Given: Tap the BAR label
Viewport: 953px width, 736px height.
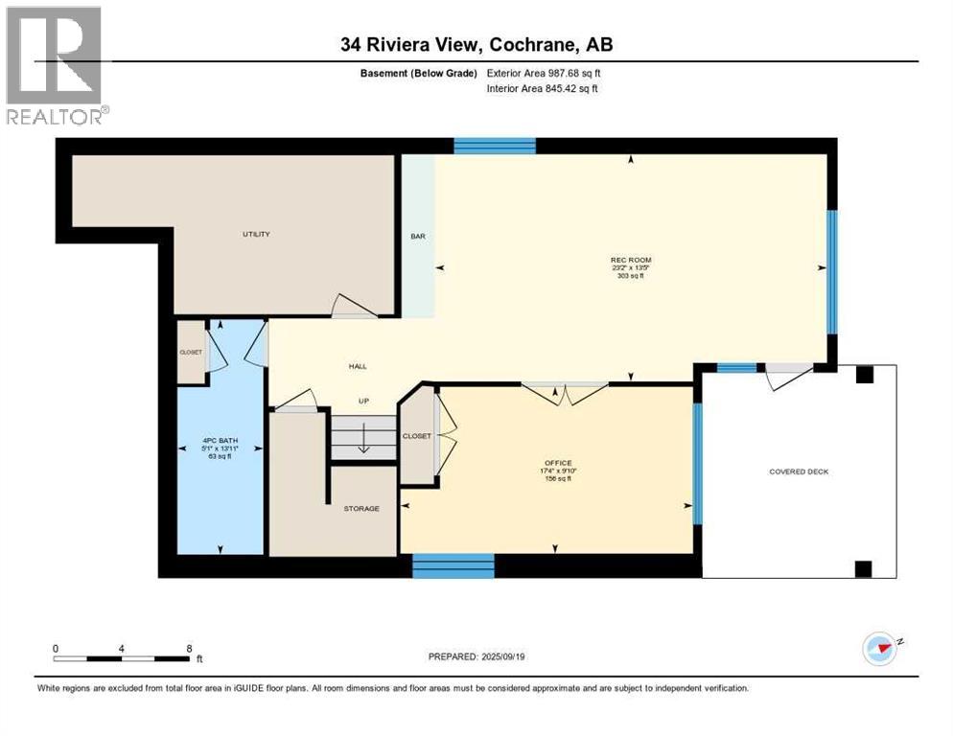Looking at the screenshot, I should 418,236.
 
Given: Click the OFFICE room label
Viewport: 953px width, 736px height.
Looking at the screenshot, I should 555,463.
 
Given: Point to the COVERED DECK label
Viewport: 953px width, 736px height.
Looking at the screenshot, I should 799,471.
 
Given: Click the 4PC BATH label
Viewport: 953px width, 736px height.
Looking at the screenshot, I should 221,441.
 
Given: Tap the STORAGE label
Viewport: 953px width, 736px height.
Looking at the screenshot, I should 361,508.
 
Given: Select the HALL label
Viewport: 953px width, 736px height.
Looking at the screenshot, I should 357,366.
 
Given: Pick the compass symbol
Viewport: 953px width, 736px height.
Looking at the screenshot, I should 879,649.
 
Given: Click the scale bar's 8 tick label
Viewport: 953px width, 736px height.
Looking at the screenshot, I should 189,648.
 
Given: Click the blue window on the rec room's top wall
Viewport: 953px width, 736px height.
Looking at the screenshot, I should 494,146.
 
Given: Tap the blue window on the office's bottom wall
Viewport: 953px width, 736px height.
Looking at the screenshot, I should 453,566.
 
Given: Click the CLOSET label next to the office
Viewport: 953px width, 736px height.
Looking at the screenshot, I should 416,436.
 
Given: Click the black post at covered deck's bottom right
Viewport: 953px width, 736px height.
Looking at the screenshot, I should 863,568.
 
